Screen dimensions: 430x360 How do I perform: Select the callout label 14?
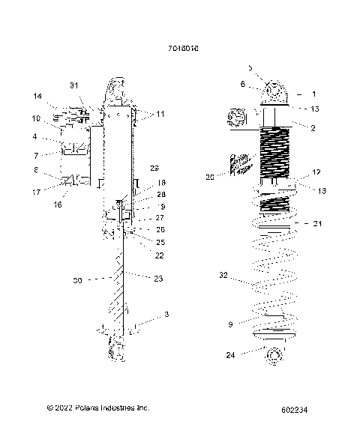[37, 97]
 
